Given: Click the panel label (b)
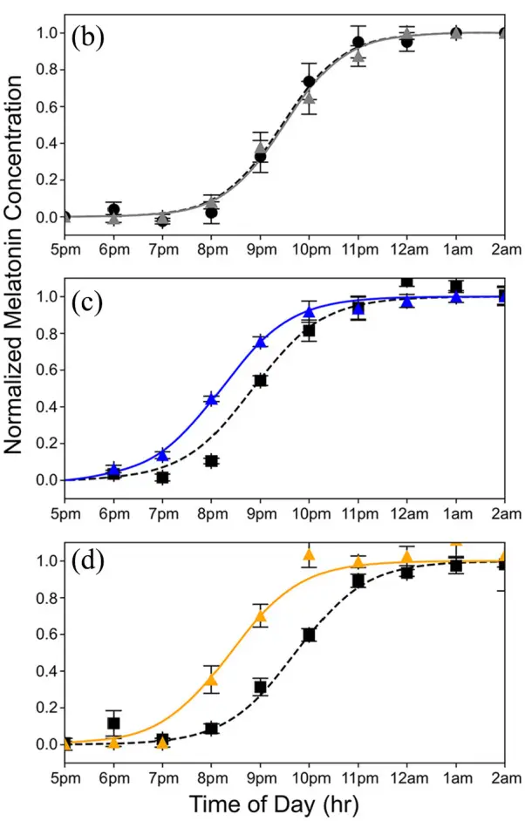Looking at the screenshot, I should [90, 37].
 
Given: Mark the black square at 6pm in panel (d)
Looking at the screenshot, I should [113, 723].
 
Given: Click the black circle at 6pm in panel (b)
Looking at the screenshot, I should [113, 209].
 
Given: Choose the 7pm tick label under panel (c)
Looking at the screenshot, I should [162, 508].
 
